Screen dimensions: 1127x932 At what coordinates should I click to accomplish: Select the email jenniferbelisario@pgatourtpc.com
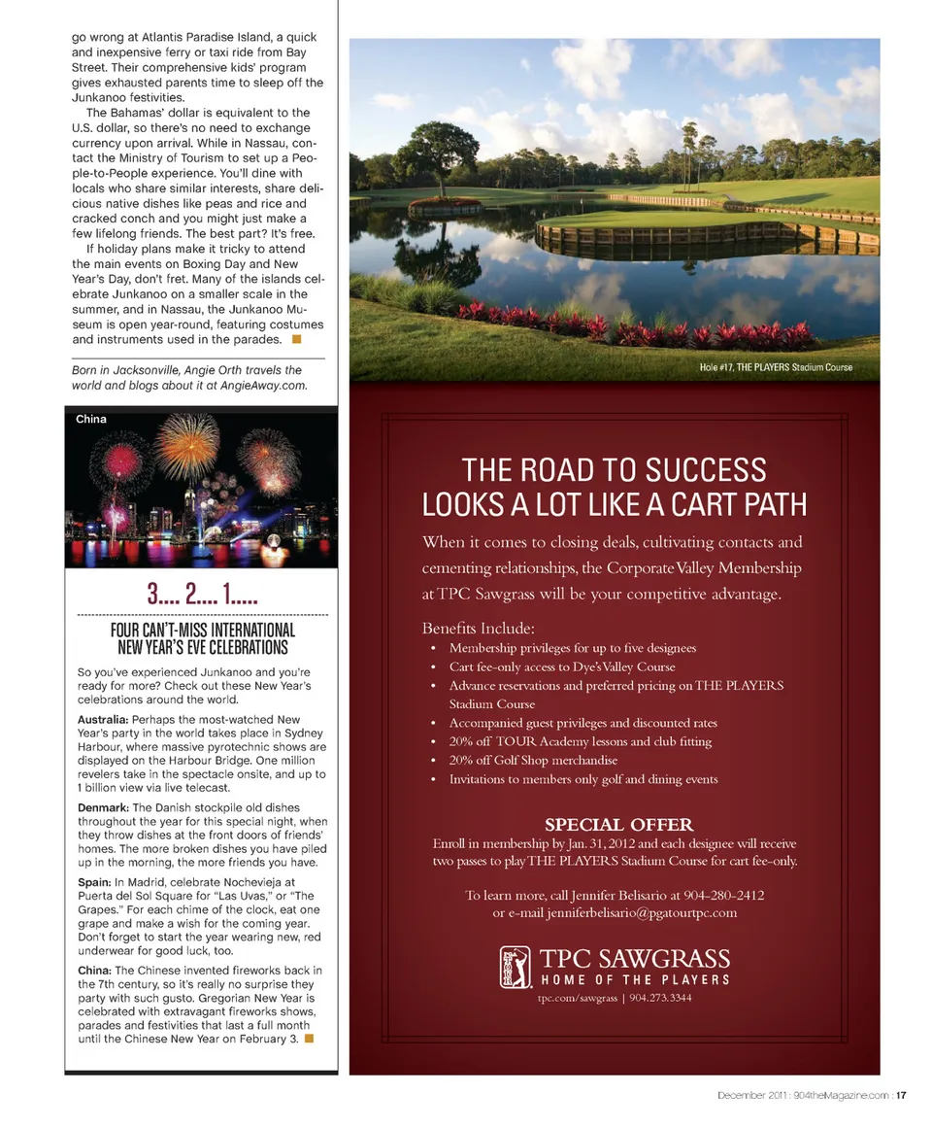[642, 912]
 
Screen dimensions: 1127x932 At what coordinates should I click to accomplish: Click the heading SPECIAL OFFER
[618, 825]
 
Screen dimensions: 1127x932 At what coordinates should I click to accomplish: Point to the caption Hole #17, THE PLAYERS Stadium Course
[775, 367]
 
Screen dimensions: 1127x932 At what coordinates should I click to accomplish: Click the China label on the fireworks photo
[91, 419]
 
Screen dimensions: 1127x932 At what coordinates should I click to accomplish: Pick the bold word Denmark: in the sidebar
[102, 807]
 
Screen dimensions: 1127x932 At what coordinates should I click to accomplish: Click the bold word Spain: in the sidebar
[93, 881]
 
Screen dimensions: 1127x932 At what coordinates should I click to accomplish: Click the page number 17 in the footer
[902, 1096]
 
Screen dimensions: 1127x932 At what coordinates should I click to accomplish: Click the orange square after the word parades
[296, 339]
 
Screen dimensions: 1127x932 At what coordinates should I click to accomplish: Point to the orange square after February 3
[308, 1039]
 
